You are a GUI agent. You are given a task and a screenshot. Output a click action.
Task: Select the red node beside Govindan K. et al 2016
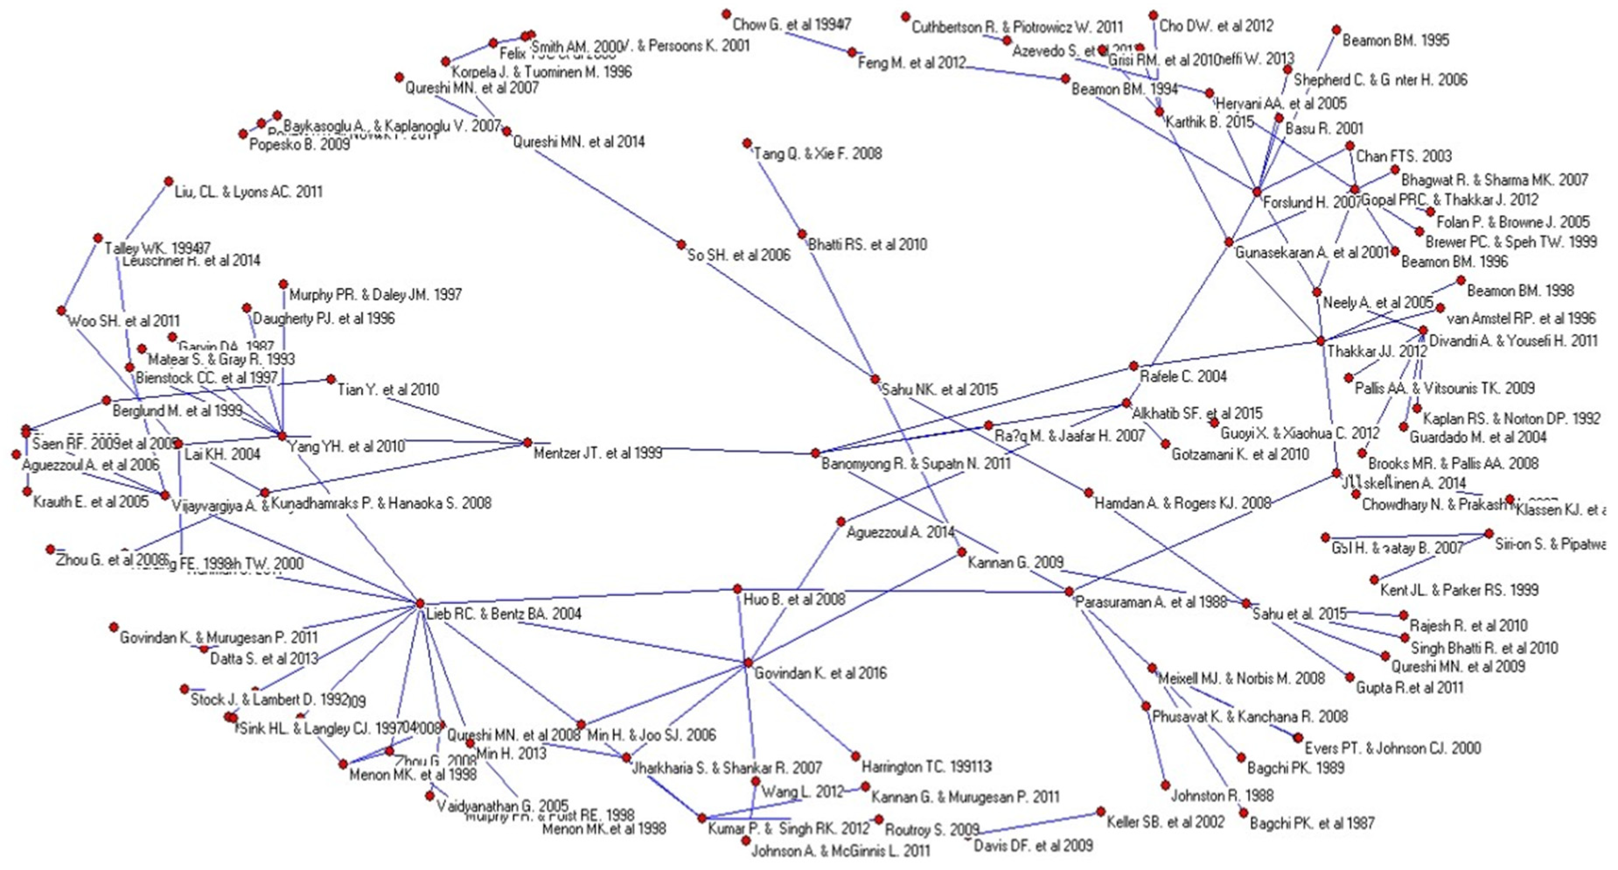(x=747, y=663)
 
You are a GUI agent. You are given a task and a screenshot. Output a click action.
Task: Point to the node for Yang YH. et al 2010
(x=282, y=435)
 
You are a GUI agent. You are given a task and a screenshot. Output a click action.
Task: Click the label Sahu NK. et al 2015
(x=939, y=389)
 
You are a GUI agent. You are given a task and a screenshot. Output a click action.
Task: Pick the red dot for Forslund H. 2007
(x=1257, y=192)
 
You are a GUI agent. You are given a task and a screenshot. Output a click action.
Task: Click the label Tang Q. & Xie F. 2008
(x=817, y=153)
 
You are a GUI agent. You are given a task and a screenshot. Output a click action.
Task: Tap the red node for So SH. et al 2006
(x=681, y=245)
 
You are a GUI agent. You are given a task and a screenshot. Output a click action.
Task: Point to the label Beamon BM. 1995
(x=1396, y=40)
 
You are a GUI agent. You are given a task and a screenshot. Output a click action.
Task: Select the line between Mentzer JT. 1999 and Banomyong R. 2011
(x=672, y=448)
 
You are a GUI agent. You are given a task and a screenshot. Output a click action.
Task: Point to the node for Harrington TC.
(x=855, y=756)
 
